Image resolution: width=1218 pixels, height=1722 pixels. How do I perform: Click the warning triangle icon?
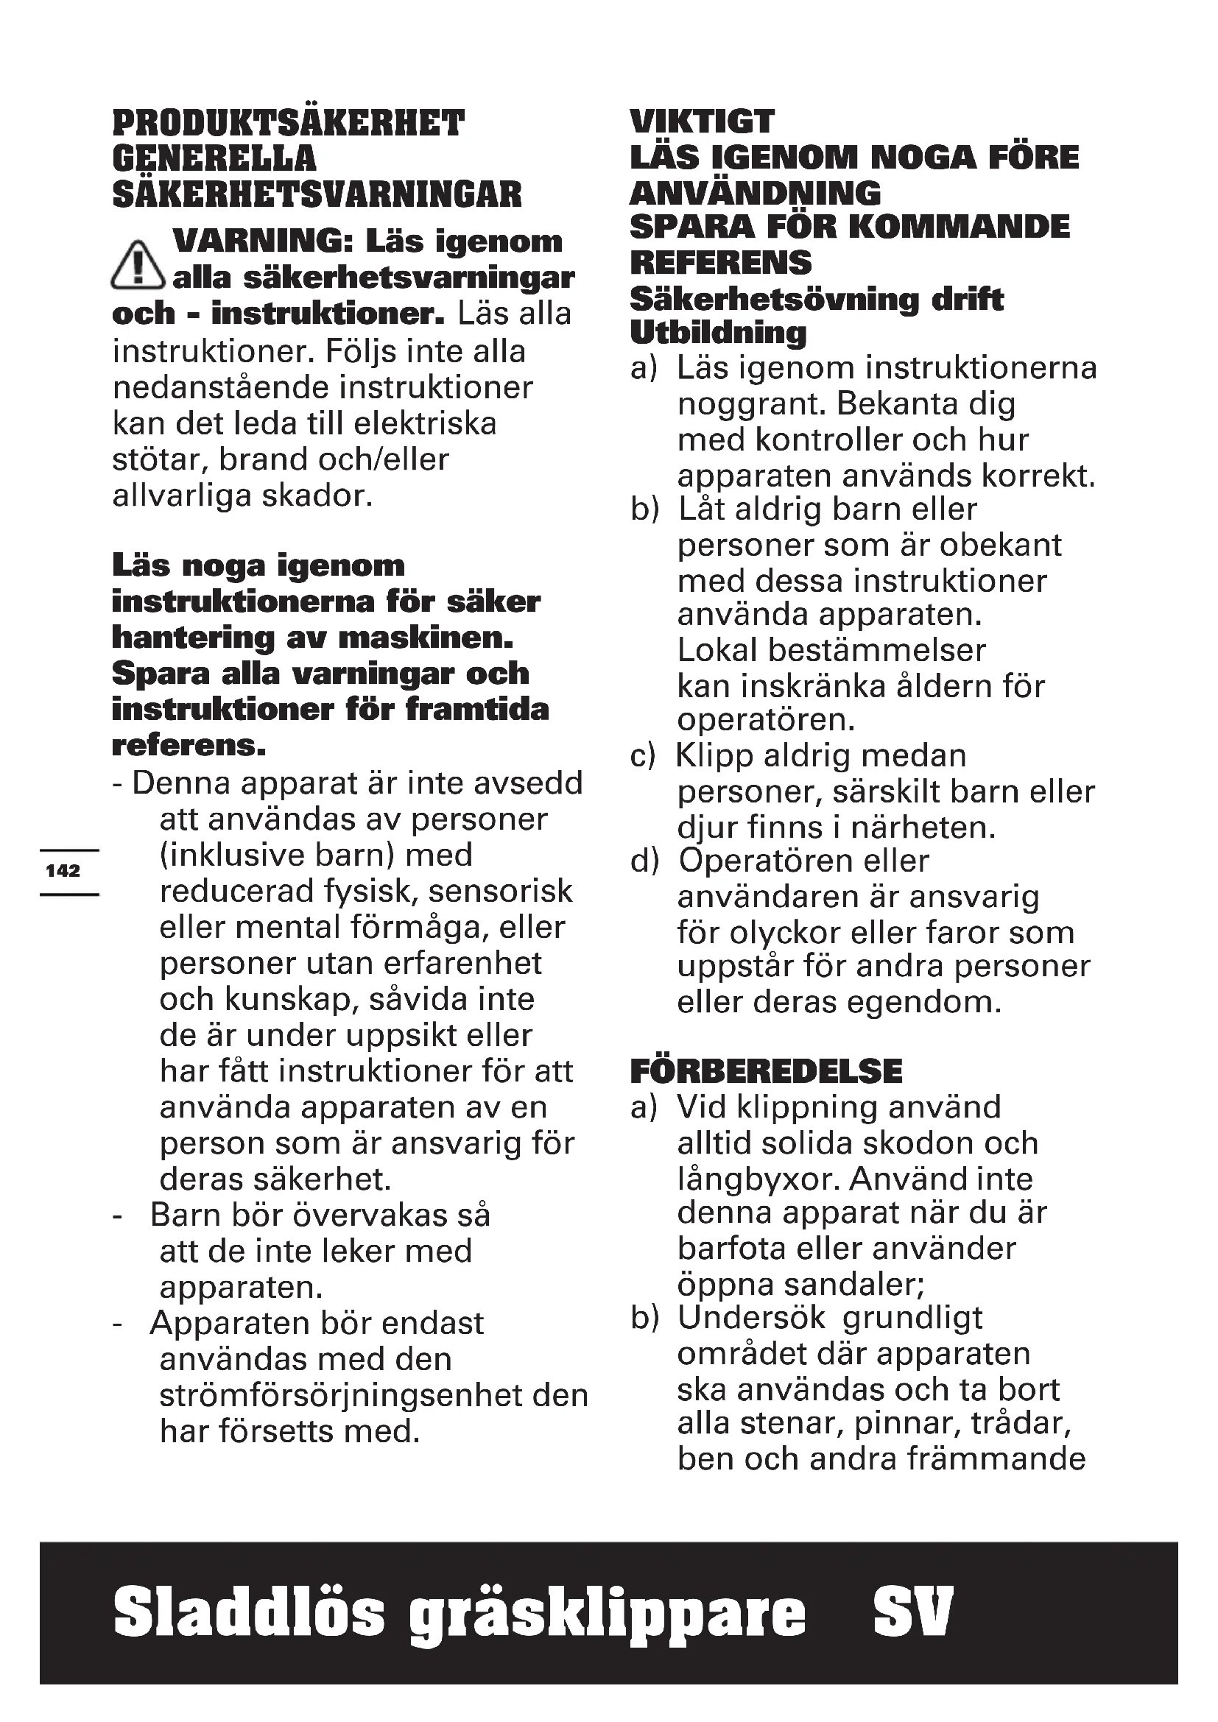(137, 264)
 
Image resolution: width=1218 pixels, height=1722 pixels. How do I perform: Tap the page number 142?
(63, 871)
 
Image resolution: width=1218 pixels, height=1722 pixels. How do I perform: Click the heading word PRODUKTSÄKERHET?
(289, 124)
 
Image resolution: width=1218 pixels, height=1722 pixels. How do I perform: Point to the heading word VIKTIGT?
(702, 121)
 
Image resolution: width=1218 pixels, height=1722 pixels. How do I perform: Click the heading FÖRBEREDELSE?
(766, 1072)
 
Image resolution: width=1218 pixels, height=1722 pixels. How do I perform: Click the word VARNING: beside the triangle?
(263, 241)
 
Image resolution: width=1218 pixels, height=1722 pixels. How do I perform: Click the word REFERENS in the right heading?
(721, 263)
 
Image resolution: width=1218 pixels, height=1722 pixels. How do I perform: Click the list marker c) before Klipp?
(643, 756)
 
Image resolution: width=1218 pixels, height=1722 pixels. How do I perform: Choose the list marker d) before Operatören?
(644, 862)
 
